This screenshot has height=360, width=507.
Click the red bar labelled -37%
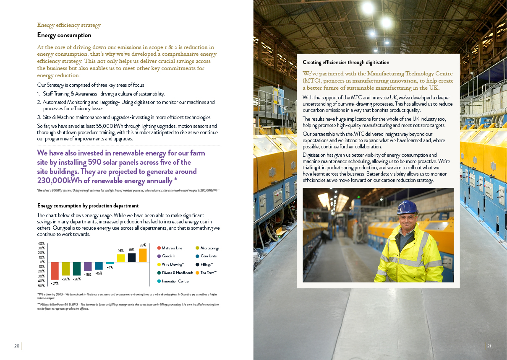tap(55, 271)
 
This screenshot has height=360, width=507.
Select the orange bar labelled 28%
tap(143, 255)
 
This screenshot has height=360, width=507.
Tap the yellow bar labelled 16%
tap(121, 258)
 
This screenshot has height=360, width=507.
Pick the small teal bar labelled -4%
tap(110, 263)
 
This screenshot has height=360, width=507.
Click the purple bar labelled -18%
tap(88, 267)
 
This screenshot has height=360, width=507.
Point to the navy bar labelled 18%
tap(132, 258)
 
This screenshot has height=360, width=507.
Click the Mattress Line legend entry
tap(172, 248)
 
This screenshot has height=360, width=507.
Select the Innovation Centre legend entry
tap(175, 281)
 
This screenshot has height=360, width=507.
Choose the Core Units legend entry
tap(208, 256)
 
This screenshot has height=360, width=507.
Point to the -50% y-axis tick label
tap(41, 285)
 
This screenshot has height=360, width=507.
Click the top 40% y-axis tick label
tap(41, 243)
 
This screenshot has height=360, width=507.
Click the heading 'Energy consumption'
tap(64, 35)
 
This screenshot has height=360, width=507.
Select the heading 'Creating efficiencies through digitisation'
tap(346, 62)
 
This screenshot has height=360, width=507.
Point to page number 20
tap(17, 346)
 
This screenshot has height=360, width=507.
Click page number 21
tap(489, 346)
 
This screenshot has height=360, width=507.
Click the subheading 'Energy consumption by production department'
tap(88, 206)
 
